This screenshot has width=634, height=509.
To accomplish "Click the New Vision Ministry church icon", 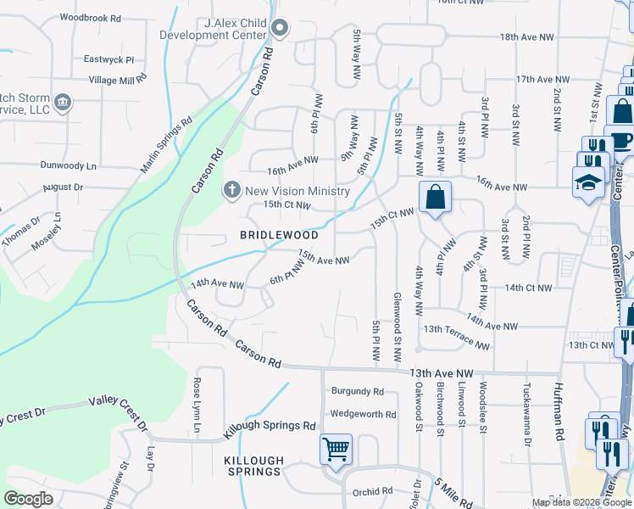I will pyautogui.click(x=231, y=190).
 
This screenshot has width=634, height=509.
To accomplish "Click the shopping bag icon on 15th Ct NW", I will pyautogui.click(x=435, y=198).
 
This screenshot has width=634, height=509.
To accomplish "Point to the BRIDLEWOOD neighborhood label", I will pyautogui.click(x=279, y=235).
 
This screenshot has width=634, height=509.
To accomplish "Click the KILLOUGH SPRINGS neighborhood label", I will pyautogui.click(x=253, y=466).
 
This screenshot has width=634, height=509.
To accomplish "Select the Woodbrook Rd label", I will pyautogui.click(x=91, y=17).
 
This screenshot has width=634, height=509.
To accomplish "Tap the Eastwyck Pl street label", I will pyautogui.click(x=109, y=60).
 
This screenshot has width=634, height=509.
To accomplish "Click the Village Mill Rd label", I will pyautogui.click(x=118, y=80).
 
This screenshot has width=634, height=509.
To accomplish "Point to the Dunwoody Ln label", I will pyautogui.click(x=68, y=166).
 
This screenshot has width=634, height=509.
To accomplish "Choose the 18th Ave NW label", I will pyautogui.click(x=526, y=37).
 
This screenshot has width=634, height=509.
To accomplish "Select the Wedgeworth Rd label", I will pyautogui.click(x=363, y=414).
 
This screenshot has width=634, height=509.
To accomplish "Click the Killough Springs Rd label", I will pyautogui.click(x=270, y=428).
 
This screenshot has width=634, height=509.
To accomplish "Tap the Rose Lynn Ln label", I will pyautogui.click(x=197, y=406).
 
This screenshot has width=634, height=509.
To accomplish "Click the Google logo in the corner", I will pyautogui.click(x=29, y=499).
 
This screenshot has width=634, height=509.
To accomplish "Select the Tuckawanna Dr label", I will pyautogui.click(x=526, y=424).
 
